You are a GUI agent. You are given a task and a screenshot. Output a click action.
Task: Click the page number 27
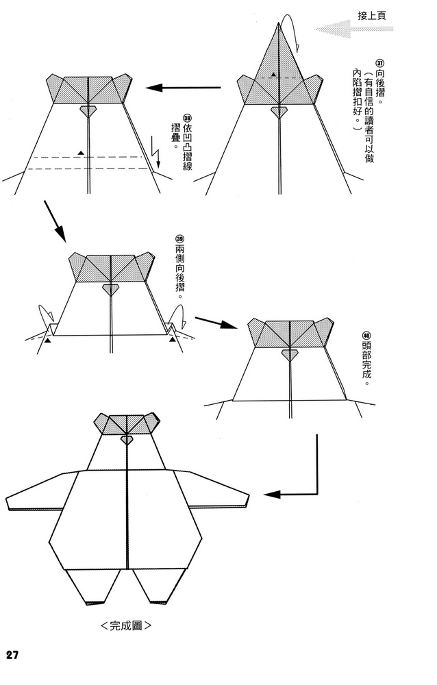(x=12, y=654)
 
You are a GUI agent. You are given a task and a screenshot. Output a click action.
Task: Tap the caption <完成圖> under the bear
(x=125, y=626)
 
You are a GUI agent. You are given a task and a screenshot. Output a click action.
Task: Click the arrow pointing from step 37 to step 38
(x=184, y=88)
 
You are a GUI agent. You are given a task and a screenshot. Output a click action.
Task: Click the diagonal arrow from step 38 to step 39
(x=55, y=221)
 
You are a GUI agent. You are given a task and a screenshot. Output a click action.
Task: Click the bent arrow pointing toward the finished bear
(x=301, y=480)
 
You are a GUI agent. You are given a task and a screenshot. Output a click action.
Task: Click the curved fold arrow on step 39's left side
(x=45, y=314)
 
